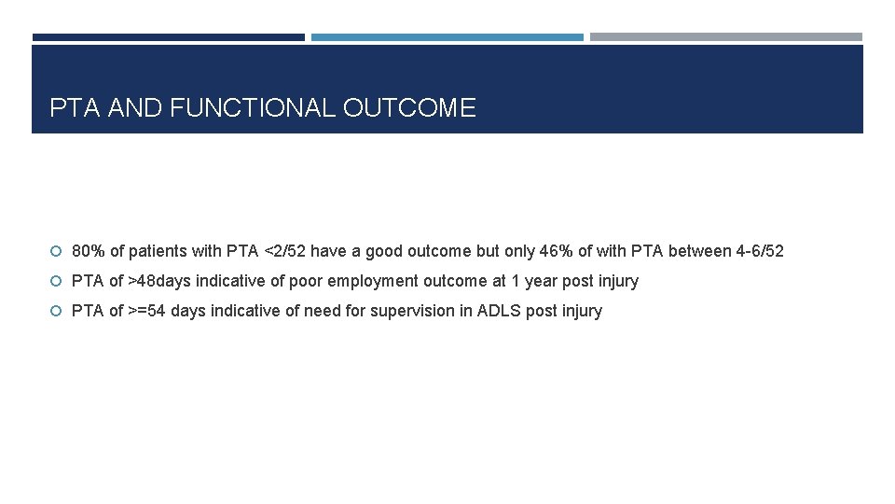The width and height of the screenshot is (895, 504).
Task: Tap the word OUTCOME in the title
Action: pos(409,108)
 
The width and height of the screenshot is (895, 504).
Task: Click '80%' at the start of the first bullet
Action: pos(89,251)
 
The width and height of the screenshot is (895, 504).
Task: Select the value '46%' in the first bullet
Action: pos(557,251)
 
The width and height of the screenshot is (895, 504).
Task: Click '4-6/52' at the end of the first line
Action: pos(760,251)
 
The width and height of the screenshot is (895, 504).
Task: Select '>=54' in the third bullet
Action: pos(147,311)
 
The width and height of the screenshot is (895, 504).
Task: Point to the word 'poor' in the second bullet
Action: pos(307,281)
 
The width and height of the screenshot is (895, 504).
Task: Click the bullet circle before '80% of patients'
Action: pos(57,252)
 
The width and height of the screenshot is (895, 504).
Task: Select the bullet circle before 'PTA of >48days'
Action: pos(57,282)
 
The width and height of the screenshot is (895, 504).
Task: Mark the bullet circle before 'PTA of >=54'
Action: pos(57,312)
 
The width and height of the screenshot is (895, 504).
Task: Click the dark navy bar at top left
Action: pos(168,37)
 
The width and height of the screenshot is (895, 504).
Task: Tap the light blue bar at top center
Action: pos(447,37)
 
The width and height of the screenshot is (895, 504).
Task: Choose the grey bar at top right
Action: pos(725,37)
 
